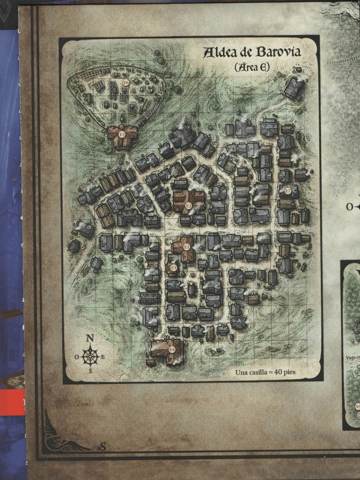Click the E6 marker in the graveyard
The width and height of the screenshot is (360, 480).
(x=125, y=83)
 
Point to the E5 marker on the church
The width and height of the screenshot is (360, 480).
(x=122, y=134)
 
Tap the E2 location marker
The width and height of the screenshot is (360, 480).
(x=189, y=206)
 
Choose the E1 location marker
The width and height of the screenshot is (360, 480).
(x=186, y=247)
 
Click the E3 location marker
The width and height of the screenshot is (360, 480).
(x=173, y=268)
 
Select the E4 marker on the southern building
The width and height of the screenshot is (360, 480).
(x=172, y=349)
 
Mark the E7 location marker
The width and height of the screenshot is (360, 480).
(x=288, y=191)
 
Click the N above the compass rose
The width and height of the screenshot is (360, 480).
(x=90, y=338)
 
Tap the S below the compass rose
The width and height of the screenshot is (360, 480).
(x=90, y=370)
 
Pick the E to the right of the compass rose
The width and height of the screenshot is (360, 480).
(x=103, y=357)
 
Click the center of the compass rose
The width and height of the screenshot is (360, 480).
(x=90, y=356)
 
